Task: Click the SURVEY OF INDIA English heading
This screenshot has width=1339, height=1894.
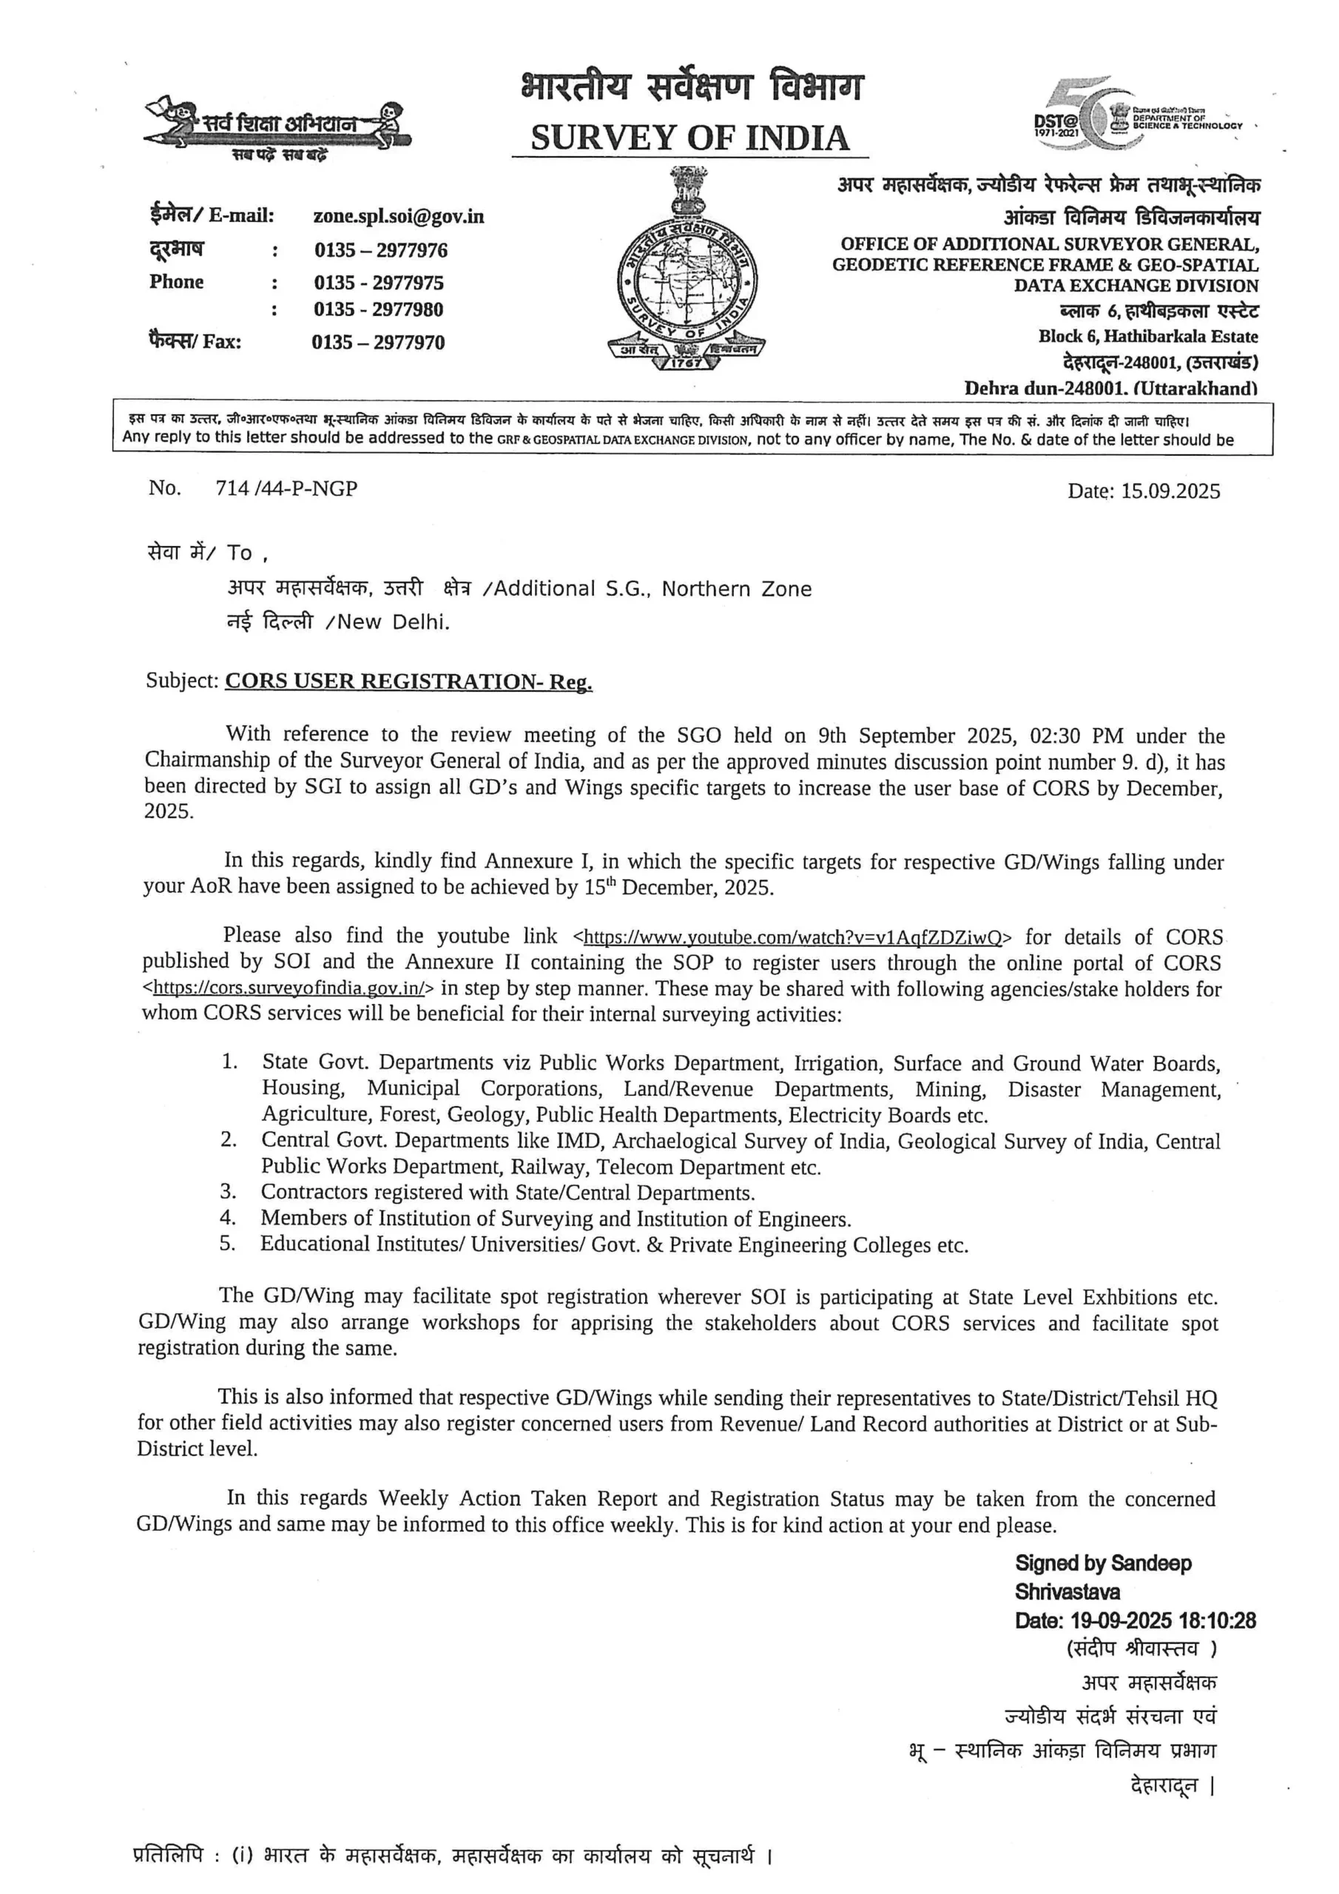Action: [x=689, y=138]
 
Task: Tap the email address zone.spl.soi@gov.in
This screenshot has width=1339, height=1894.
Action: [x=399, y=216]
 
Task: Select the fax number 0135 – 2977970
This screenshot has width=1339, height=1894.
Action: [x=378, y=343]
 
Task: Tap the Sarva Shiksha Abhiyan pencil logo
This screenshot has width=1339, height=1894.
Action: [x=277, y=128]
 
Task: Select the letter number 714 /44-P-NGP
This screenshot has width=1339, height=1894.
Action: [x=286, y=488]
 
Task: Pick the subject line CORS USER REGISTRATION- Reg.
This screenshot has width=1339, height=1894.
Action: [x=408, y=681]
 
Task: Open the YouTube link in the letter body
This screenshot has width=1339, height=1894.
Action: [x=792, y=937]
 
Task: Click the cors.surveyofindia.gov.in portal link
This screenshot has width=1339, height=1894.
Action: [x=289, y=988]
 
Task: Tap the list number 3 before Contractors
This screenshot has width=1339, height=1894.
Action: [x=228, y=1191]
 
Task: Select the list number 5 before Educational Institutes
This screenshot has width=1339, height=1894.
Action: [x=227, y=1243]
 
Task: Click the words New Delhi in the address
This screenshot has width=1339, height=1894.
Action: [x=393, y=622]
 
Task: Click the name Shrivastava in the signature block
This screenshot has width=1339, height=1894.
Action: [x=1067, y=1591]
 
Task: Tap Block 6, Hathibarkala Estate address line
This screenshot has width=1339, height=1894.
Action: [x=1147, y=337]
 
